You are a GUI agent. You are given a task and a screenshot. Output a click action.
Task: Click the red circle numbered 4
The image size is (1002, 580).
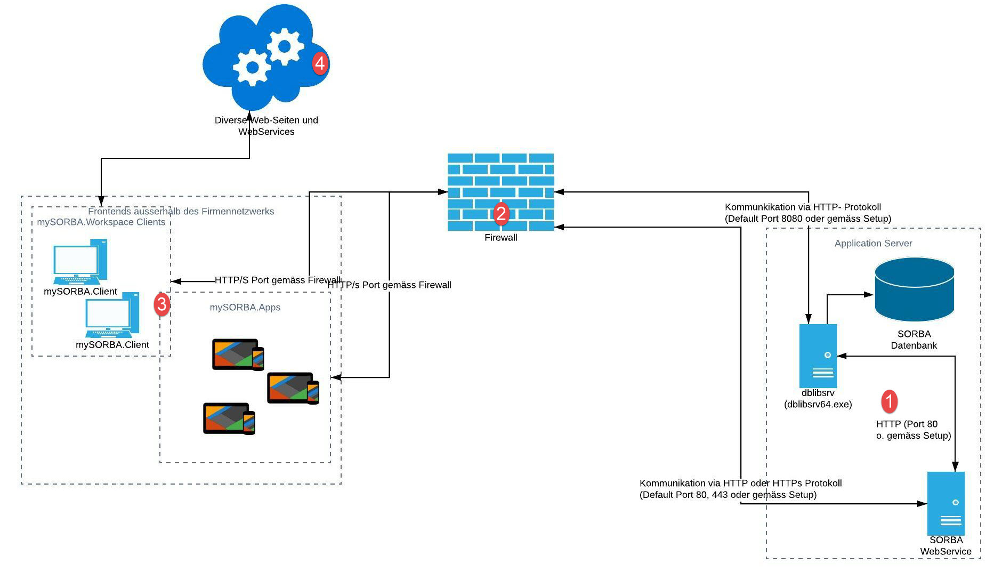point(320,63)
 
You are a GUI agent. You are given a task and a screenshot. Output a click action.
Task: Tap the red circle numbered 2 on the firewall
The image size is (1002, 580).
point(501,214)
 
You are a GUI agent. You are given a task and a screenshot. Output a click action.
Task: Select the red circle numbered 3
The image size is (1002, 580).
point(161,304)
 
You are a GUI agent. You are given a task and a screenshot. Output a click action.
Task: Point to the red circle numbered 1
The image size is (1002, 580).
point(889,401)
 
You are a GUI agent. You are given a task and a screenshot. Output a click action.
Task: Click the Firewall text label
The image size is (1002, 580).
point(500,238)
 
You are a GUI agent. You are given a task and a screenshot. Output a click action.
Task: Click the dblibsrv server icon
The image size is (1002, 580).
point(818,356)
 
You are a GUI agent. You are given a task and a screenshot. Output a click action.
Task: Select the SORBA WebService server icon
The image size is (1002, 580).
point(946,503)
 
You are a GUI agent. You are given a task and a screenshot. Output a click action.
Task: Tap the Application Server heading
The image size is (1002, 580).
point(873,244)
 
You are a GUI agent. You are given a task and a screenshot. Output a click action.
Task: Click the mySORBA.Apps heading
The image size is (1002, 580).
point(245,308)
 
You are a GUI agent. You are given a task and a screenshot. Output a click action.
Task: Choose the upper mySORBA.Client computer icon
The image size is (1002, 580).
point(80,262)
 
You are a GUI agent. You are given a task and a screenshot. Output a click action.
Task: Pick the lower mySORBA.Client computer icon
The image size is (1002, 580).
point(112,315)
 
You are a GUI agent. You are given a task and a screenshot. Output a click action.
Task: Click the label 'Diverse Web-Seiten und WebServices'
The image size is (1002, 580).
point(266,126)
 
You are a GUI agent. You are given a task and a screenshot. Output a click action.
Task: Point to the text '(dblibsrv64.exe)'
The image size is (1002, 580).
point(818,405)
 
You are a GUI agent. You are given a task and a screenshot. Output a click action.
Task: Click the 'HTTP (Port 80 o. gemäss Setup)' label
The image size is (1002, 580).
point(913,430)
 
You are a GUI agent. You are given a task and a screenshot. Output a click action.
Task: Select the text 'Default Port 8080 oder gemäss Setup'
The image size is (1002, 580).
point(807,219)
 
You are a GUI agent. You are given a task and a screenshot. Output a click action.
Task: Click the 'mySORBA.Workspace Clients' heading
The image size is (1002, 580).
point(101,222)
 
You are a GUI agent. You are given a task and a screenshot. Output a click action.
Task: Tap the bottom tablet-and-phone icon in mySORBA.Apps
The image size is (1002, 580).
point(229,418)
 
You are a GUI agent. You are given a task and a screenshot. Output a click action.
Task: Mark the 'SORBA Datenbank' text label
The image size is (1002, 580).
point(914,340)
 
